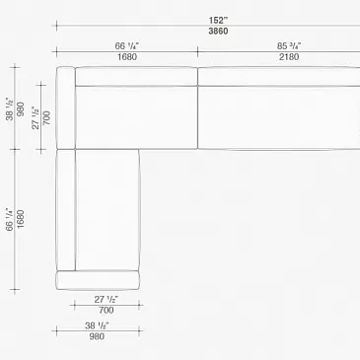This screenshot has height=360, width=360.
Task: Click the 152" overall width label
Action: click(218, 21)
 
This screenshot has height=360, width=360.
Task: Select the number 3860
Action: click(218, 32)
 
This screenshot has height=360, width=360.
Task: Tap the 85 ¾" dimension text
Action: click(289, 46)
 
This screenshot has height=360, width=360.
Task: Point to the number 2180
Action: click(289, 57)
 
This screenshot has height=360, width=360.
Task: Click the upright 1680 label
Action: click(127, 57)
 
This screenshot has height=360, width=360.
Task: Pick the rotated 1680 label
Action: click(21, 219)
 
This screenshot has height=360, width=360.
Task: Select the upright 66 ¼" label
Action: click(127, 46)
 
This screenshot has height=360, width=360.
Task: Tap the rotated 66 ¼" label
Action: click(10, 219)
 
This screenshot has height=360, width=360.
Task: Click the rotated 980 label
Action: click(21, 108)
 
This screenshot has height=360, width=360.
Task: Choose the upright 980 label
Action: click(97, 336)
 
